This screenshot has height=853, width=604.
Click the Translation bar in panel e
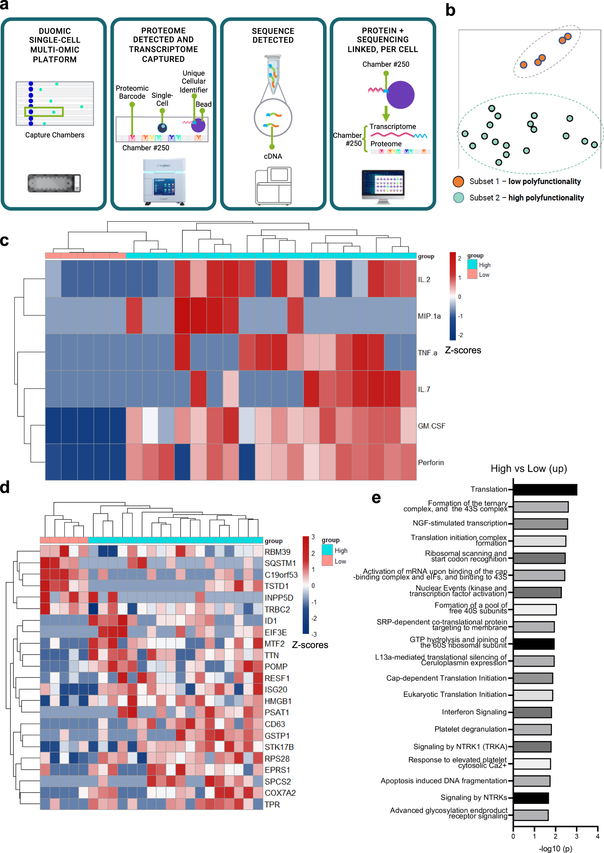tap(545, 490)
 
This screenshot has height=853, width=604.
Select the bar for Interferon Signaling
tap(532, 712)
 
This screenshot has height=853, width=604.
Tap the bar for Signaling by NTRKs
tap(531, 798)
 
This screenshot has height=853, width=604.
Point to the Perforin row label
tap(431, 463)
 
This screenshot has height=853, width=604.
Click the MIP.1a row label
tap(429, 316)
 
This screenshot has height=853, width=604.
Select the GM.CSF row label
tap(431, 426)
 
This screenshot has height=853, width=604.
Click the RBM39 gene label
tap(278, 552)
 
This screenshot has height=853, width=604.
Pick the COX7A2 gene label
tap(280, 793)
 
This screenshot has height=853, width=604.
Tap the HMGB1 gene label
tap(278, 701)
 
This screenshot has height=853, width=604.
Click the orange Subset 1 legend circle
tap(458, 182)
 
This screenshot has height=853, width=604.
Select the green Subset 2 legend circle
tap(458, 198)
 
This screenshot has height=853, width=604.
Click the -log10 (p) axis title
tap(555, 848)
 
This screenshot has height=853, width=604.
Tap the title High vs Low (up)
tap(529, 469)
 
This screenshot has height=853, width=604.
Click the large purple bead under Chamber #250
tap(400, 95)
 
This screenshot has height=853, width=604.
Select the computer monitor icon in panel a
tap(383, 185)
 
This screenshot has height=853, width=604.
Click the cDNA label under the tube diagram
tap(273, 156)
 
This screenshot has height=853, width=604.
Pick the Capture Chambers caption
tap(55, 135)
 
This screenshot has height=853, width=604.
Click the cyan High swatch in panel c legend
tap(472, 264)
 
